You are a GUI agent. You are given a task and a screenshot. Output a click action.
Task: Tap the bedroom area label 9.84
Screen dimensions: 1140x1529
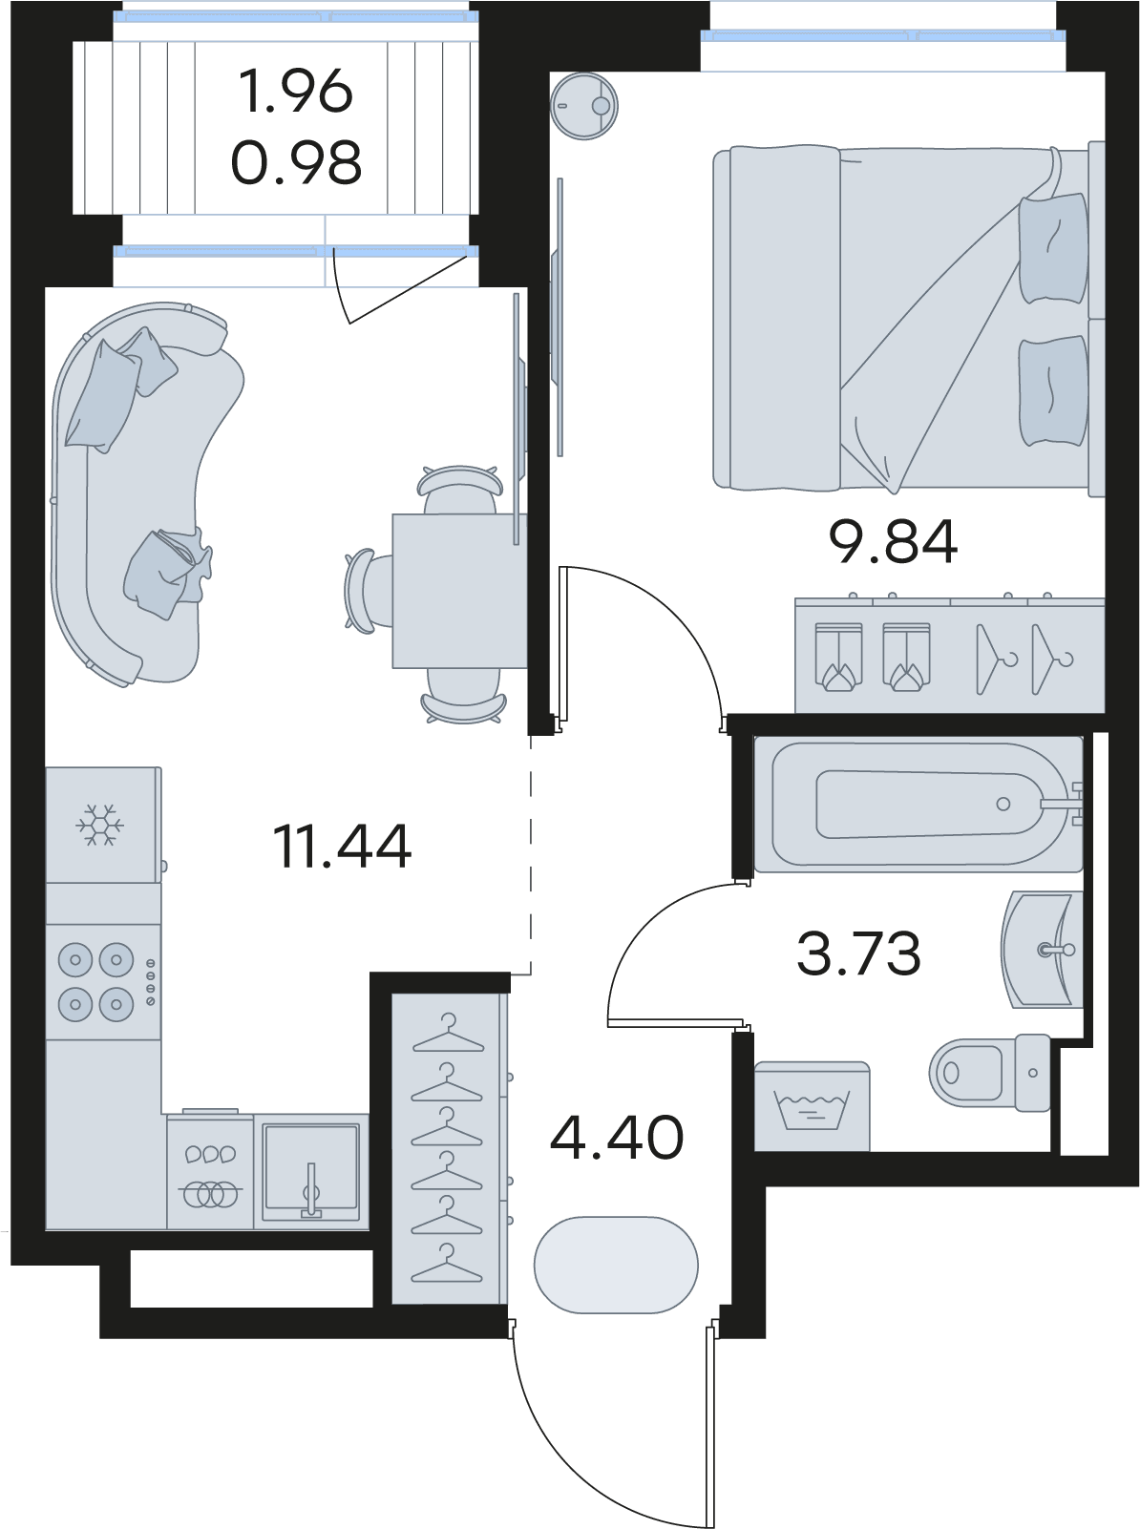[x=893, y=542]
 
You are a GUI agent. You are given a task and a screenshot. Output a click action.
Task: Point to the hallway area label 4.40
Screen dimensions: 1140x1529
[x=616, y=1138]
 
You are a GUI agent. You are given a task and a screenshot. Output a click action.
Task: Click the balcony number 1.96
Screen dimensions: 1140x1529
[x=295, y=93]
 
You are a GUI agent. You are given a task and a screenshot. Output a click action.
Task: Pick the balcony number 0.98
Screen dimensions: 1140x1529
[x=295, y=162]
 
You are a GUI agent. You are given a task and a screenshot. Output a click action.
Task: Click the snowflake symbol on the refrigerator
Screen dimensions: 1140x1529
[x=100, y=826]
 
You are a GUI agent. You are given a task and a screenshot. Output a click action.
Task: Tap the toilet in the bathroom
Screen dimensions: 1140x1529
[x=990, y=1072]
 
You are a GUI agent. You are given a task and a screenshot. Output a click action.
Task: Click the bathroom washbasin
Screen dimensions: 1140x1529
[x=1043, y=949]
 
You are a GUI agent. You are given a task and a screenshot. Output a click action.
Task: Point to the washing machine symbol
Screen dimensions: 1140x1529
[x=812, y=1106]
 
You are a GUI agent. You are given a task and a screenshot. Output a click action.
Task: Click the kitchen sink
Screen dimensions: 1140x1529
[x=311, y=1169]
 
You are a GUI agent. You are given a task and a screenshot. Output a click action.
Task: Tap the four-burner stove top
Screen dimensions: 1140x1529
[x=104, y=982]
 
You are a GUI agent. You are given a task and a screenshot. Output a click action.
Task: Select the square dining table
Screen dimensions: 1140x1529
[x=459, y=591]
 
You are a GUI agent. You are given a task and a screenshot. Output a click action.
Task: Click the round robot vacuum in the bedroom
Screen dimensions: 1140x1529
[x=584, y=106]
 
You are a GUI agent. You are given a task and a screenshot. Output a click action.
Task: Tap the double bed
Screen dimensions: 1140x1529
[x=909, y=319]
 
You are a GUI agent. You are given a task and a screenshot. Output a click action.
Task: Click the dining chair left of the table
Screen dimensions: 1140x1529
[x=366, y=591]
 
